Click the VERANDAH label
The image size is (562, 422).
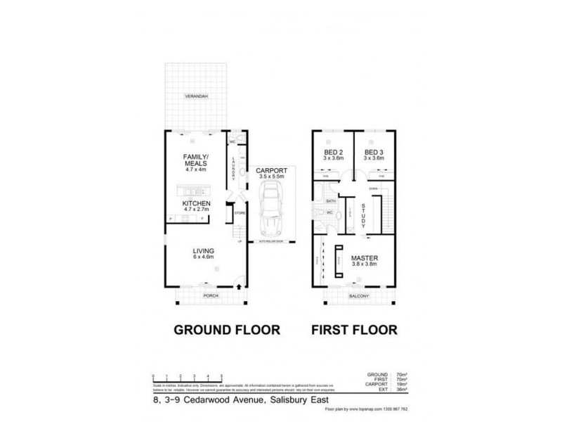[x=196, y=95]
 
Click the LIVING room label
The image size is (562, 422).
[x=204, y=251]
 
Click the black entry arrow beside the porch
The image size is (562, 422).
[x=241, y=286]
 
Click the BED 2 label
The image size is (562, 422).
[x=332, y=153]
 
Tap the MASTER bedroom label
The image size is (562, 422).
[x=365, y=257]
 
